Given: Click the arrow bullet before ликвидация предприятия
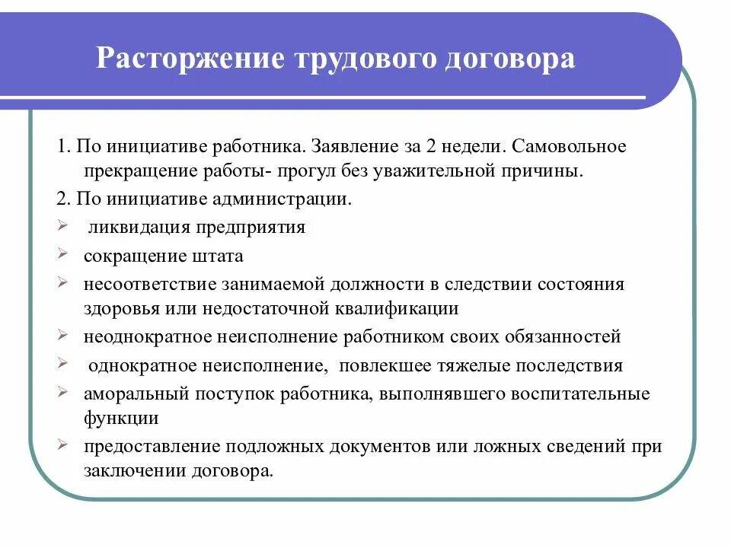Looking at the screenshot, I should point(61,226).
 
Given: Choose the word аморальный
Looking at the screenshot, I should point(132,394).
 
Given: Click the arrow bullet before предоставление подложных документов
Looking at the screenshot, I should point(61,445).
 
